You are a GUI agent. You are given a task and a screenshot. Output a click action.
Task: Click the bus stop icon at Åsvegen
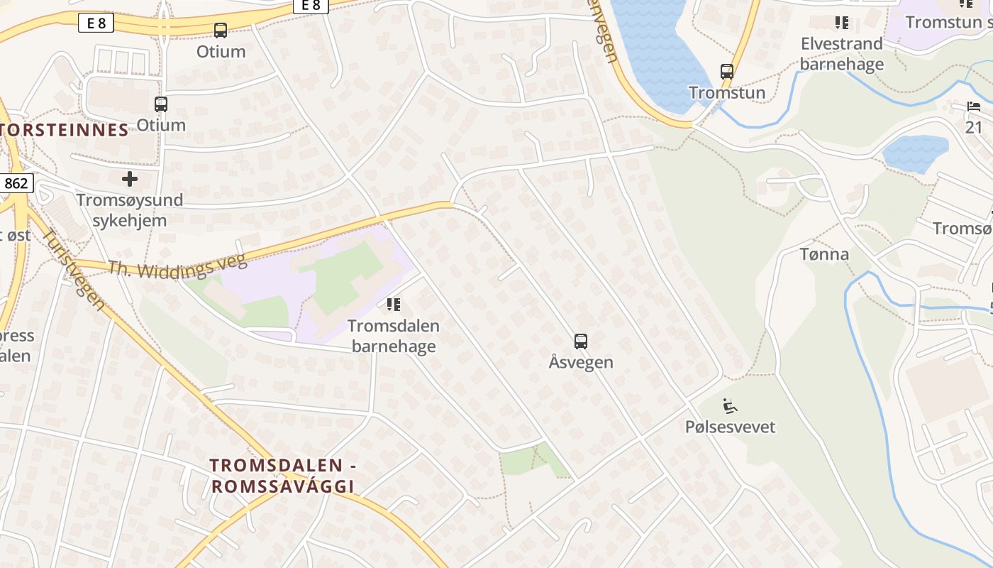tap(581, 342)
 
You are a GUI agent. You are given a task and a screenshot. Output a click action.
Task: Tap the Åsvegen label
tap(581, 362)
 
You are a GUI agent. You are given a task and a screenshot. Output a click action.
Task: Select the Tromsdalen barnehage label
tap(393, 336)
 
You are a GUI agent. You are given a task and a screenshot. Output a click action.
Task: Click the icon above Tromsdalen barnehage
tap(393, 305)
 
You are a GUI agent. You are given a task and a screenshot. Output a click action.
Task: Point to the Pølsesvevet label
tap(730, 427)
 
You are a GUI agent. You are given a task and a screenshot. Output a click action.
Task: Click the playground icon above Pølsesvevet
tap(730, 406)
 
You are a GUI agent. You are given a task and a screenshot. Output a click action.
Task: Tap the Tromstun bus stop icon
tap(727, 72)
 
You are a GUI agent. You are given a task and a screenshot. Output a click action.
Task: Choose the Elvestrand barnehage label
tap(842, 54)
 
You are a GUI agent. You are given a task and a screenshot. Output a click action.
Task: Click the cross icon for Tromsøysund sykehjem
tap(130, 178)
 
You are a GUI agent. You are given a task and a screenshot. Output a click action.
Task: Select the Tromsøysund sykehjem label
tap(130, 210)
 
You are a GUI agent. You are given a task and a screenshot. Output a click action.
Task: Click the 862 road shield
tap(16, 184)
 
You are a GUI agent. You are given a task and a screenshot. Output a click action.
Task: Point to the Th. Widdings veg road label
tap(177, 266)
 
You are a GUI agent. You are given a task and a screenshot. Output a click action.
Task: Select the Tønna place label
tap(823, 254)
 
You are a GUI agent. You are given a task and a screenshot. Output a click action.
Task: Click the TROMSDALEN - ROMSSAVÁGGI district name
tap(282, 476)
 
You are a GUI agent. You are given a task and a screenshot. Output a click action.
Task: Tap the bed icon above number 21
tap(973, 107)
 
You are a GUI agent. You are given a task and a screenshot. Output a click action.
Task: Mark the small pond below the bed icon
tap(915, 153)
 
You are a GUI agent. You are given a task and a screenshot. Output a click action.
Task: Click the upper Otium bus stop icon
tap(221, 31)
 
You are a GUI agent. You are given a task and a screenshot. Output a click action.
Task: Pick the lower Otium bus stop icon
tap(161, 104)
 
